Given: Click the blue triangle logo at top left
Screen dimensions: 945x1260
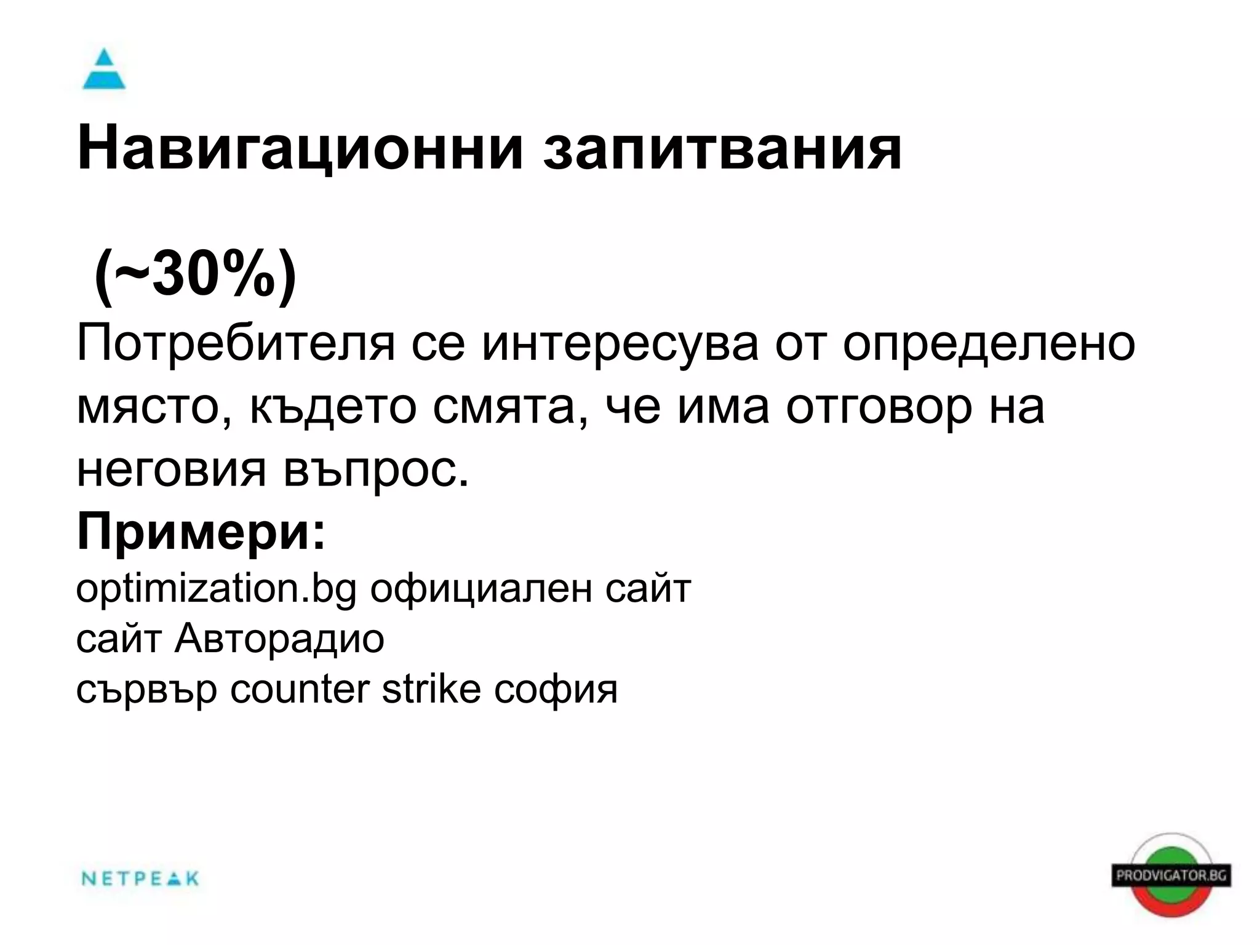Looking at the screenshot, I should [104, 70].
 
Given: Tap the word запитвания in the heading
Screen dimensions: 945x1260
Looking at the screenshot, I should [722, 148].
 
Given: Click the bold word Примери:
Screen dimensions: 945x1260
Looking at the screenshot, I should [201, 532].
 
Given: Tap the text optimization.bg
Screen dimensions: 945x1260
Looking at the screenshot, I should [216, 589].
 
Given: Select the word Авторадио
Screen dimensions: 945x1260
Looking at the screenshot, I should [279, 639].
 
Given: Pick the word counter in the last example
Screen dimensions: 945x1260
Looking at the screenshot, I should [300, 689].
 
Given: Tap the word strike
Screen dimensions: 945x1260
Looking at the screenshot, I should [431, 689].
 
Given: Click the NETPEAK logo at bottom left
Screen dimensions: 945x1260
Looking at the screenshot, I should [140, 879].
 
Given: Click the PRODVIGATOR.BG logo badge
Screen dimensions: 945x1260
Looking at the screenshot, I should [1171, 875].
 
